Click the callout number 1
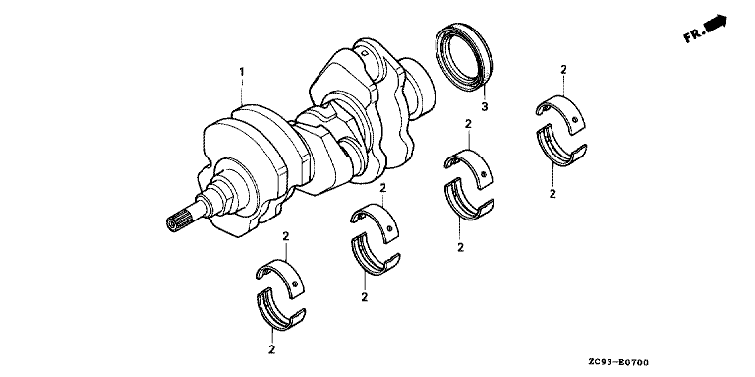coord(242,72)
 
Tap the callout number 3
coord(485,106)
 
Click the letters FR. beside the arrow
coord(693,35)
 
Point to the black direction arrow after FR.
coord(715,23)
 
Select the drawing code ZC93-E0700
coord(618,362)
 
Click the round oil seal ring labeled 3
coord(464,56)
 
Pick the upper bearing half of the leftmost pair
coord(280,277)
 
